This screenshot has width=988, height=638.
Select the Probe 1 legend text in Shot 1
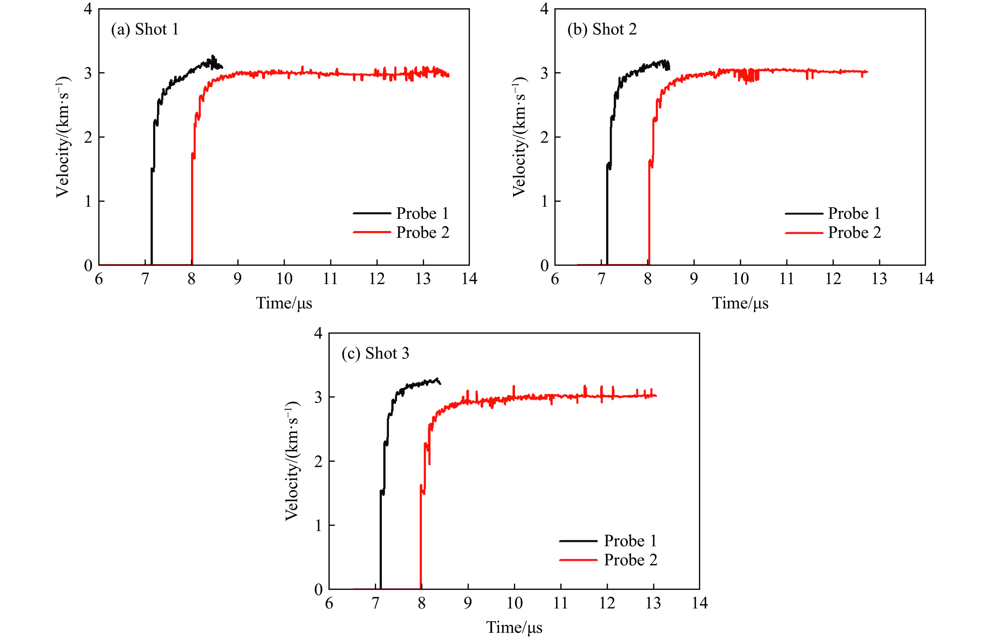[x=422, y=213]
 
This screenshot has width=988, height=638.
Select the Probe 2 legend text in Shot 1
[x=423, y=232]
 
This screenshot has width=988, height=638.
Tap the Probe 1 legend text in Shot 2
[x=854, y=213]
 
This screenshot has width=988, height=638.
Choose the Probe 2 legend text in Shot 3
[x=630, y=560]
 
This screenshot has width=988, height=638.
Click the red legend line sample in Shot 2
[x=804, y=233]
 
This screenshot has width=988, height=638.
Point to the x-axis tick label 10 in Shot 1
[x=284, y=279]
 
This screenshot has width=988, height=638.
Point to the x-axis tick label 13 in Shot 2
[x=879, y=279]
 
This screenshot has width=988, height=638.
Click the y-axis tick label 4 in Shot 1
[x=88, y=9]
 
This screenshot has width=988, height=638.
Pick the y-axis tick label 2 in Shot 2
[x=544, y=137]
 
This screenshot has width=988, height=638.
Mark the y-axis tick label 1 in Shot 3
[x=318, y=525]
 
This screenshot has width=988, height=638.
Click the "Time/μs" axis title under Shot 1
[x=284, y=303]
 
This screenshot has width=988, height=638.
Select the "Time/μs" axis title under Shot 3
[x=514, y=628]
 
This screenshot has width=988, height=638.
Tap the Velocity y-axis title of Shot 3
[x=292, y=461]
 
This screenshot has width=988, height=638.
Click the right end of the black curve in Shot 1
[x=222, y=67]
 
